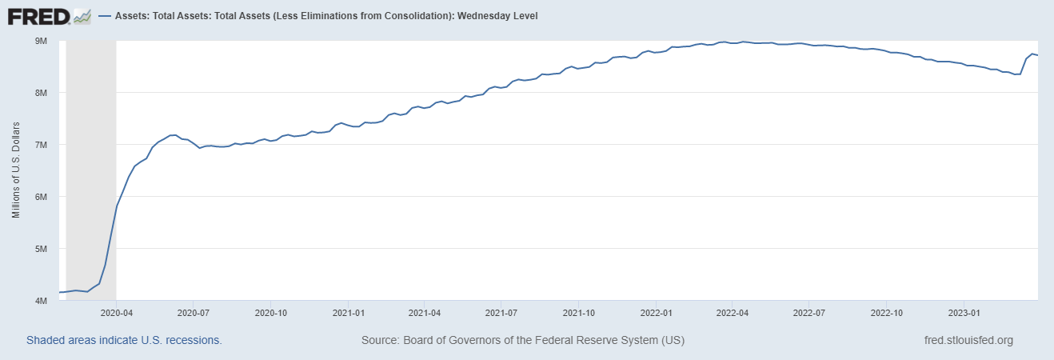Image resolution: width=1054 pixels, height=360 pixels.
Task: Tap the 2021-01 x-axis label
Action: (348, 313)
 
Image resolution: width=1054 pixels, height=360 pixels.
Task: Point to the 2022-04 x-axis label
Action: (732, 313)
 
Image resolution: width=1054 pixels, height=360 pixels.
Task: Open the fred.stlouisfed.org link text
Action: (968, 340)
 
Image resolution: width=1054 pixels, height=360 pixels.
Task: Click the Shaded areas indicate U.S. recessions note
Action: (124, 340)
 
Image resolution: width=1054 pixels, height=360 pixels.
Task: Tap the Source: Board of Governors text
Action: (523, 340)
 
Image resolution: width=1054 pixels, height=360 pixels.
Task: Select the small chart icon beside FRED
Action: (82, 16)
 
